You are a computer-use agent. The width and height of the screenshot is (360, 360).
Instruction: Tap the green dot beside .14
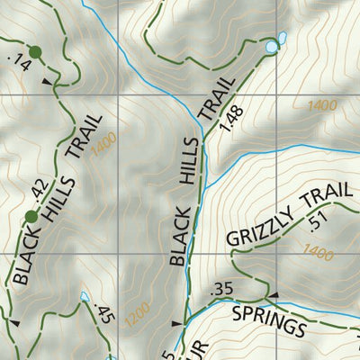click(35, 52)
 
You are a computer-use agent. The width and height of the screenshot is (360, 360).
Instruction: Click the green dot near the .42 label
click(31, 216)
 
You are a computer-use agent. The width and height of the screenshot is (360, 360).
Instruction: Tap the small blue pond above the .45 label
click(84, 295)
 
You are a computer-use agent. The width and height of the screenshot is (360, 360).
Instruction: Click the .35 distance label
click(220, 290)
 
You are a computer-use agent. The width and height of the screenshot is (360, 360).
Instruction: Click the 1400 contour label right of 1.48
click(320, 106)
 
